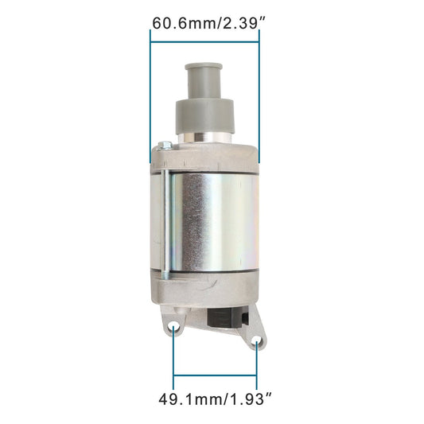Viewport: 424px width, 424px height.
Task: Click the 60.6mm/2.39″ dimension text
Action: (x=209, y=23)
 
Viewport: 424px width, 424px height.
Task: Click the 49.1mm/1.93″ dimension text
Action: (x=215, y=399)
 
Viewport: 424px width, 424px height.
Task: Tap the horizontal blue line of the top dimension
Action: (x=204, y=42)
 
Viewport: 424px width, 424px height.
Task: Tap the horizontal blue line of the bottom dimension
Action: (x=215, y=375)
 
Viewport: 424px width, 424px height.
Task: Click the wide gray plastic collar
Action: (x=204, y=117)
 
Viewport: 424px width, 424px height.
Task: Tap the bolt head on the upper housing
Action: (x=165, y=146)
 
